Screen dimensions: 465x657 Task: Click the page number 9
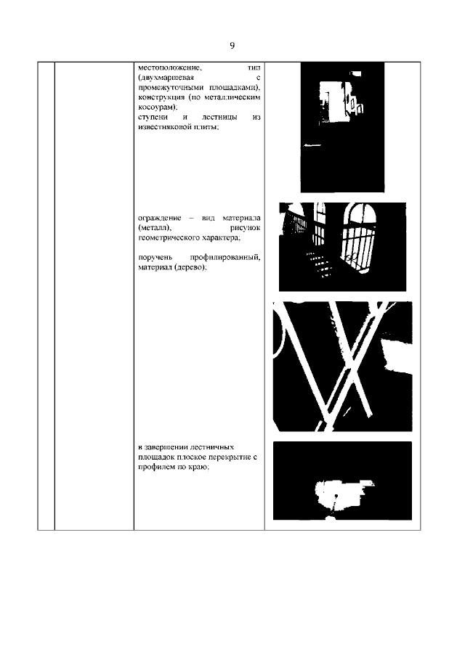pos(232,45)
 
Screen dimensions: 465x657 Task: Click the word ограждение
pos(159,219)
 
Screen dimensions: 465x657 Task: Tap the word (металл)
pos(155,228)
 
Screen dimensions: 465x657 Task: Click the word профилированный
pos(225,257)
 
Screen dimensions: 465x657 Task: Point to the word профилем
pos(156,468)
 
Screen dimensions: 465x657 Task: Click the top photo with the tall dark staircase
pos(342,127)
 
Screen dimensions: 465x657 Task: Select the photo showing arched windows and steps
pos(342,246)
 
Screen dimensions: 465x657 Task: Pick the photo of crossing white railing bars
pos(342,366)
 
